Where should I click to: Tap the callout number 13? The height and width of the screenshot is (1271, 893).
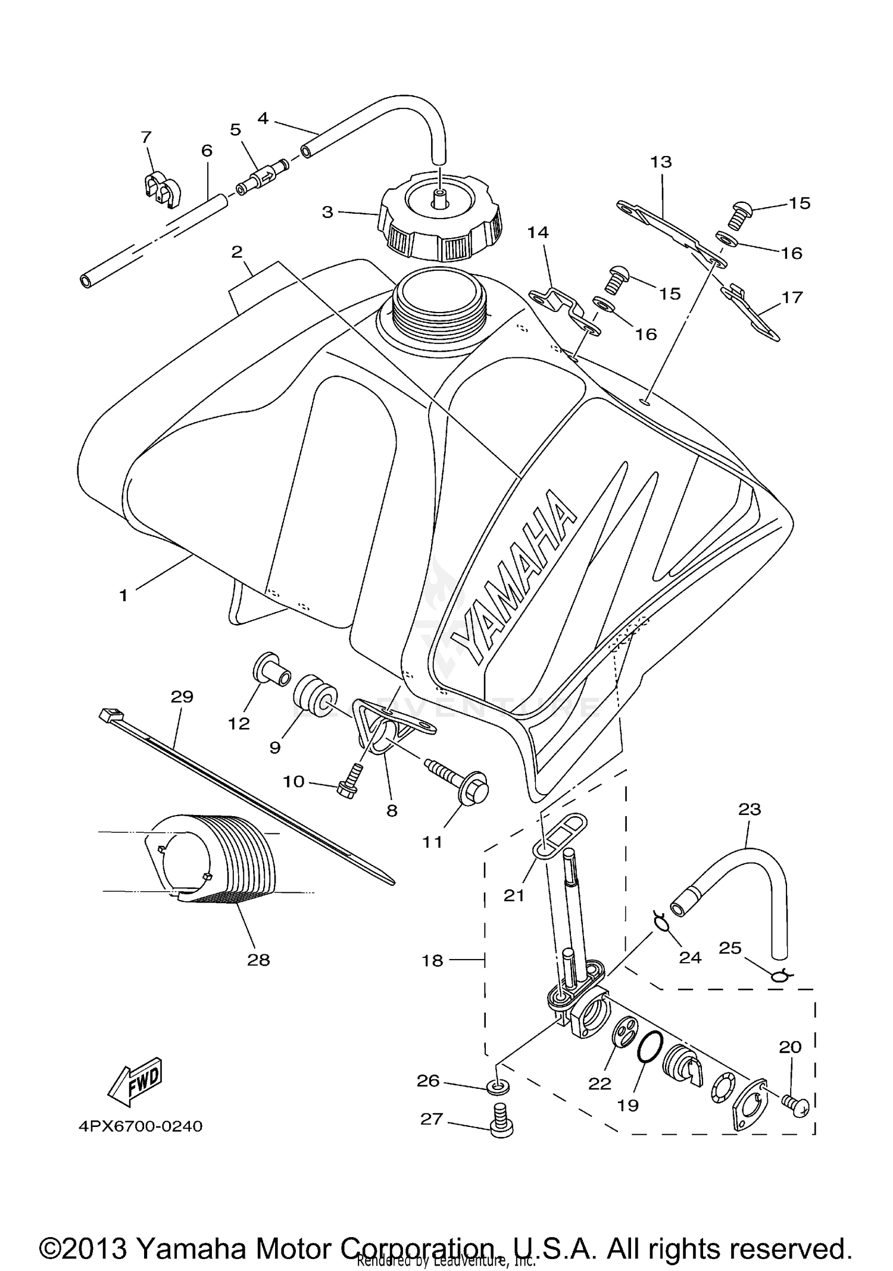point(661,161)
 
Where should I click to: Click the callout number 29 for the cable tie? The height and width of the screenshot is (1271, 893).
point(182,696)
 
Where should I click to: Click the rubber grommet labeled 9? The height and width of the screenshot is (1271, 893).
point(316,695)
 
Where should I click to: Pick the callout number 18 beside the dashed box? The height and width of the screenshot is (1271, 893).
point(433,960)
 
